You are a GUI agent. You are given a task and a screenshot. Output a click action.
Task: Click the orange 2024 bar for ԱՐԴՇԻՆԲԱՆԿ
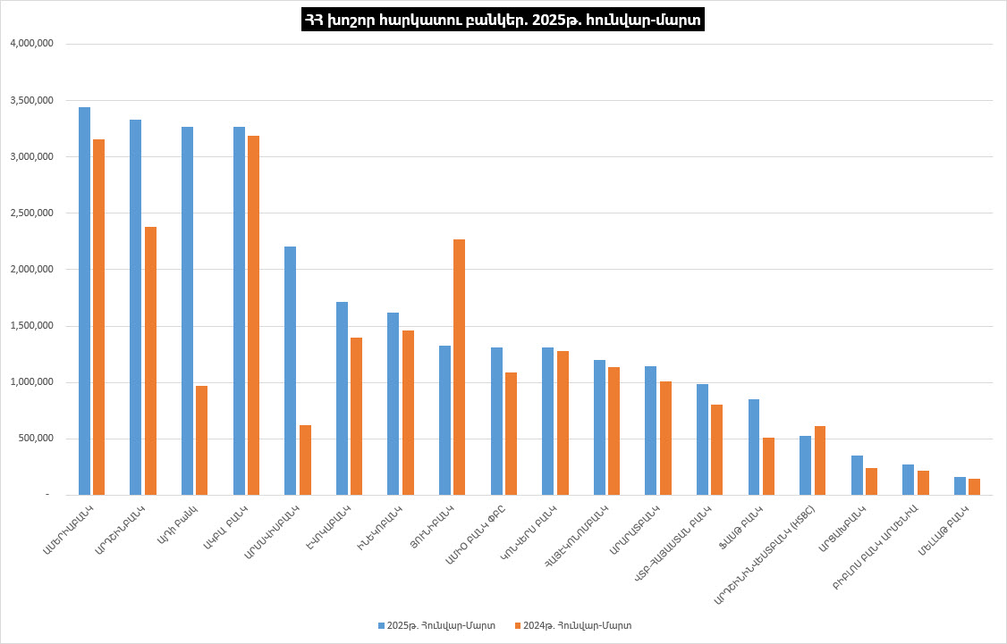click(150, 361)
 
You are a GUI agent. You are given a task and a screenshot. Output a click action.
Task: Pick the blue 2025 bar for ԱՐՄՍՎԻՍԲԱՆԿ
click(290, 371)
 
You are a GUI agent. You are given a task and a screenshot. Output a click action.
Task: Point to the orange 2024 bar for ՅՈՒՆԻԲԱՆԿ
click(459, 367)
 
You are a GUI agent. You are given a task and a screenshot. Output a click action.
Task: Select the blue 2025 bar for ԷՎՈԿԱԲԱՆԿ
click(342, 398)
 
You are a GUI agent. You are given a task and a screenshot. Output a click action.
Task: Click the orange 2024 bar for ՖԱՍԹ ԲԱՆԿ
click(768, 466)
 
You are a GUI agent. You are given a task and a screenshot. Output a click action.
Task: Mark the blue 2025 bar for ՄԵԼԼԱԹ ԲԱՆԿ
click(960, 486)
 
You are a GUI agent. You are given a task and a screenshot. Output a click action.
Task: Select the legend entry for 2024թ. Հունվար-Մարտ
click(572, 625)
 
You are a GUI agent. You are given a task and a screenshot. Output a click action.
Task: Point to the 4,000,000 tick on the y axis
click(31, 44)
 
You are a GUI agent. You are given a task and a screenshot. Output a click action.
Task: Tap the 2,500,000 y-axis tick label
click(31, 213)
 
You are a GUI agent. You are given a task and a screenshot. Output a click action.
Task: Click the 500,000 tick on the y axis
click(37, 439)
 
